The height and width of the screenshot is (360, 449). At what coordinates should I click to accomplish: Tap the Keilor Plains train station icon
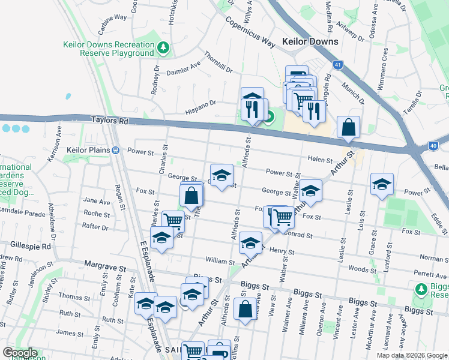[x=115, y=149]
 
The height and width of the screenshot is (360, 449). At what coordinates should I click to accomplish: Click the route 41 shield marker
[x=339, y=65]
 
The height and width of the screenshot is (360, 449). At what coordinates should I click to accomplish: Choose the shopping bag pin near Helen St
[x=348, y=127]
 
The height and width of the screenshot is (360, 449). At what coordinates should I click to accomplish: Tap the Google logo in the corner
[x=19, y=353]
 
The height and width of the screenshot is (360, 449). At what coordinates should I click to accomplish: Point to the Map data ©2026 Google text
[x=412, y=355]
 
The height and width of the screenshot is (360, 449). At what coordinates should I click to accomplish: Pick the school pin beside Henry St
[x=250, y=242]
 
